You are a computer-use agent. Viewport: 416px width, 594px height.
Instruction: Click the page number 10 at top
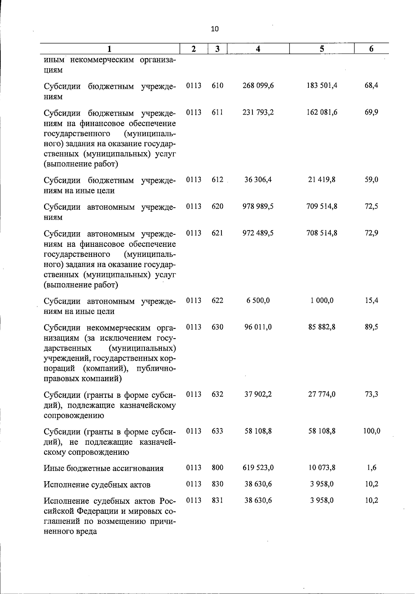(215, 29)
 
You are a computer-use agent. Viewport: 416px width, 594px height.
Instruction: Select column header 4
(258, 49)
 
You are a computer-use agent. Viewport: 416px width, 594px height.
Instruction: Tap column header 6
(371, 49)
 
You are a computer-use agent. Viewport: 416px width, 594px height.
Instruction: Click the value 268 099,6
(258, 85)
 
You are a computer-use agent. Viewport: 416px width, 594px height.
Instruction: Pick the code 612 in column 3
(217, 179)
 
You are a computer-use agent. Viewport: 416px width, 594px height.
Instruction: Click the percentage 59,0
(371, 179)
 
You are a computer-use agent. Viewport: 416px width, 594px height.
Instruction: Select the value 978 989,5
(258, 206)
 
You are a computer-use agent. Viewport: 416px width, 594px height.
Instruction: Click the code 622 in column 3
(217, 300)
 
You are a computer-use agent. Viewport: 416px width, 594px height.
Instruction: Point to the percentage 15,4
(371, 300)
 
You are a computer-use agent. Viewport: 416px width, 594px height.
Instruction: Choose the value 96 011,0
(258, 327)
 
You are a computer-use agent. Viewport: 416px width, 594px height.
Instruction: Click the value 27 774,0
(322, 394)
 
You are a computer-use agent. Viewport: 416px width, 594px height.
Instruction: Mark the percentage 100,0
(371, 431)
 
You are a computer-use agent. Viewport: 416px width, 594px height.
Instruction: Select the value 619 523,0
(258, 468)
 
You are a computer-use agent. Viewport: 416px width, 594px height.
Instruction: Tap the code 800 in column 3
(217, 468)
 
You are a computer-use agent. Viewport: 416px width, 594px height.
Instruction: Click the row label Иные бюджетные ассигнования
(103, 468)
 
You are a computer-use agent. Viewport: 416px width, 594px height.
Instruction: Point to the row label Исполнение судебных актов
(97, 485)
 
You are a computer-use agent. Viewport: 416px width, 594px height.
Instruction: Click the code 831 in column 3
(217, 500)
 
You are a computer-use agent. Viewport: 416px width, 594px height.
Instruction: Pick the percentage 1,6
(371, 468)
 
